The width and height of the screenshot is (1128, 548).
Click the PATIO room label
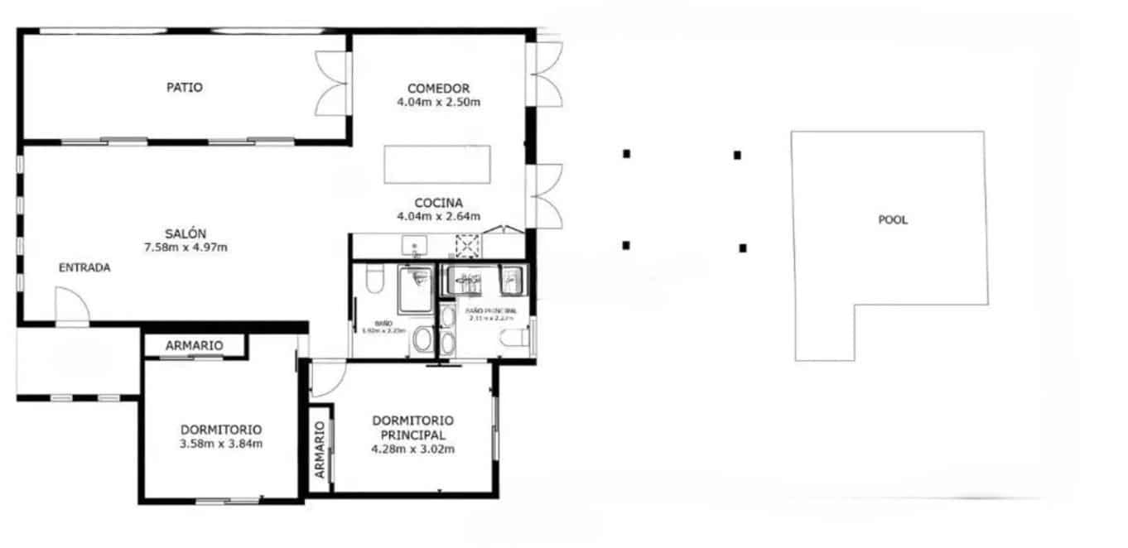tap(185, 87)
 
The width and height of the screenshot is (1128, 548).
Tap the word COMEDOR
tap(439, 89)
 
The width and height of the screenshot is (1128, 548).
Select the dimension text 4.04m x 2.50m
tap(439, 103)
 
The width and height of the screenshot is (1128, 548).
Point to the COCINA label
tap(439, 203)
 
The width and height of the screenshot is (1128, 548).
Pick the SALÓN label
tap(186, 233)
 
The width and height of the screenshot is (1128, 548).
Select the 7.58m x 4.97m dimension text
tap(186, 247)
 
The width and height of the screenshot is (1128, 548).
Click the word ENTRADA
tap(84, 267)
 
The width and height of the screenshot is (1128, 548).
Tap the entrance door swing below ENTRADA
tap(71, 305)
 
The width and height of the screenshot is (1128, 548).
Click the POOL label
tap(893, 220)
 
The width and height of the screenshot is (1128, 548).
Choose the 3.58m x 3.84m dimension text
tap(221, 444)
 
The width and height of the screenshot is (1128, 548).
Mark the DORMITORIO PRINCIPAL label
tap(413, 427)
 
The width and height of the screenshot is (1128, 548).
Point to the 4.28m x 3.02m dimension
tap(413, 449)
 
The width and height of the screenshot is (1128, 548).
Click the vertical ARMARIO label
tap(320, 450)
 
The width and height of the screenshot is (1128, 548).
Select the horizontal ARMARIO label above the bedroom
tap(194, 345)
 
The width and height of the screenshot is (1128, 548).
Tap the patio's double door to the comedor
tap(334, 85)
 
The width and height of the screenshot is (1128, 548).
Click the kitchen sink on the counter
tap(412, 246)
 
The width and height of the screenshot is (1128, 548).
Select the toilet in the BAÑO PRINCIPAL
tap(515, 338)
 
